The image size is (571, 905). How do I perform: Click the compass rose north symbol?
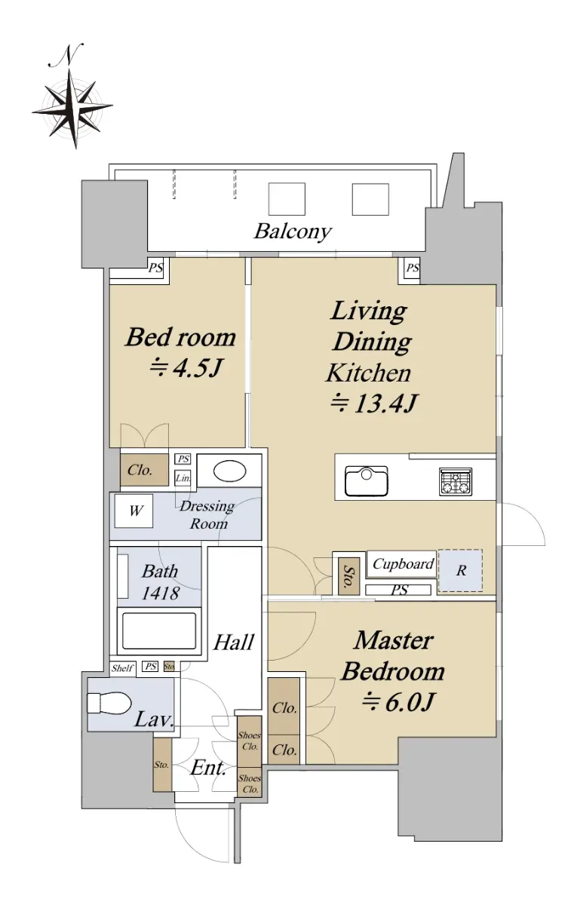72,108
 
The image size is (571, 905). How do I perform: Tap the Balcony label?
293,232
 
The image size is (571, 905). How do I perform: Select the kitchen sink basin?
367,481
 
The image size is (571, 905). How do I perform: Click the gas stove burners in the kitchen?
456,481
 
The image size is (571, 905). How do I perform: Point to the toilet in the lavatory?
109,704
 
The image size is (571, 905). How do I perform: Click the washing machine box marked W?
134,511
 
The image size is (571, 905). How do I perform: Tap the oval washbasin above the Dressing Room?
229,471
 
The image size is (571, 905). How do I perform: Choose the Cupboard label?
403,563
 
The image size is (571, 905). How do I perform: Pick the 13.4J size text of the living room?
374,403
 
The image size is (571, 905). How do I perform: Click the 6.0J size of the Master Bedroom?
398,703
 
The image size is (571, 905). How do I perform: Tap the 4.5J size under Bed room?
186,368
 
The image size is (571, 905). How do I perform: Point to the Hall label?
234,643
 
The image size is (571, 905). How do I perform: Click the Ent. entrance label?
207,768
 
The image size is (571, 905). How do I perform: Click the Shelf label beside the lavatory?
122,668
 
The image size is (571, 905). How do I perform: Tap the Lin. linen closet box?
183,478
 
